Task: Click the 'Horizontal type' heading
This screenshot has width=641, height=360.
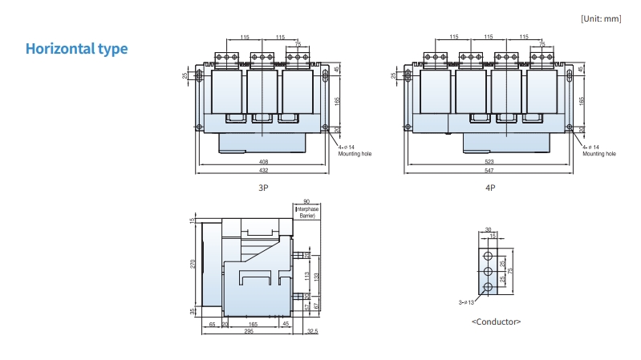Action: click(76, 49)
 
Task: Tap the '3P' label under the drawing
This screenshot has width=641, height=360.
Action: click(262, 188)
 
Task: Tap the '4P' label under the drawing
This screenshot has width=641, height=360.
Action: click(490, 188)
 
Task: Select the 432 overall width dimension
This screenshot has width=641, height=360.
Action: click(263, 172)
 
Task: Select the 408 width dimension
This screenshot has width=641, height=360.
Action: click(263, 163)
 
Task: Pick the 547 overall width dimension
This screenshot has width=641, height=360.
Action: click(489, 172)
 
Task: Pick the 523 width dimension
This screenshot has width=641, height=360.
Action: click(489, 163)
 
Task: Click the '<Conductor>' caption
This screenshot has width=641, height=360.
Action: click(496, 321)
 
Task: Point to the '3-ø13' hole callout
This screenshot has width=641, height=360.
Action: click(466, 302)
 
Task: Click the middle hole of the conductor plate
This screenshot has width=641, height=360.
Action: click(488, 272)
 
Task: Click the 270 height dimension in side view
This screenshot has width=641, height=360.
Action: click(193, 263)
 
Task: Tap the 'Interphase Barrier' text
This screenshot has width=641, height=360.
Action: click(307, 212)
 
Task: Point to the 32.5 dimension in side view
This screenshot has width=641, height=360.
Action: click(312, 331)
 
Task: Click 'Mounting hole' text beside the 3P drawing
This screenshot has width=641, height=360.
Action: click(354, 153)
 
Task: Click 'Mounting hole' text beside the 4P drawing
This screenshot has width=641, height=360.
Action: click(598, 153)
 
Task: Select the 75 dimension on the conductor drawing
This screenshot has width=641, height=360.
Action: click(510, 271)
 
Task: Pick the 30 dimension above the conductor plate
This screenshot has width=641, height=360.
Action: click(488, 230)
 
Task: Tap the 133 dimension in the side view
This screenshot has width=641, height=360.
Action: click(318, 276)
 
